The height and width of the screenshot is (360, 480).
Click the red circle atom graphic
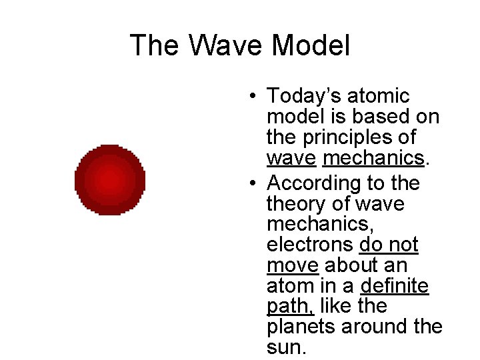coord(109,179)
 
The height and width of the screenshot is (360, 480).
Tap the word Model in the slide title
coord(311,46)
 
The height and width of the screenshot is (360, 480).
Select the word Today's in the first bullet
coord(302,97)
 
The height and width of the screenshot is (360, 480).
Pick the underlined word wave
coord(291,159)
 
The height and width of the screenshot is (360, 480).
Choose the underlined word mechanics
coord(373,159)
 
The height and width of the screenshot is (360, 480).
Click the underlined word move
coord(292,265)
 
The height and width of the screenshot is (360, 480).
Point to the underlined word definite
coord(394,286)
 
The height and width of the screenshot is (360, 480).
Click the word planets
coord(301,327)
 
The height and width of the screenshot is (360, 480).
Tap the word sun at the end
coord(283,348)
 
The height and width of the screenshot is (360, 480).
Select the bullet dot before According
coord(255,183)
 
